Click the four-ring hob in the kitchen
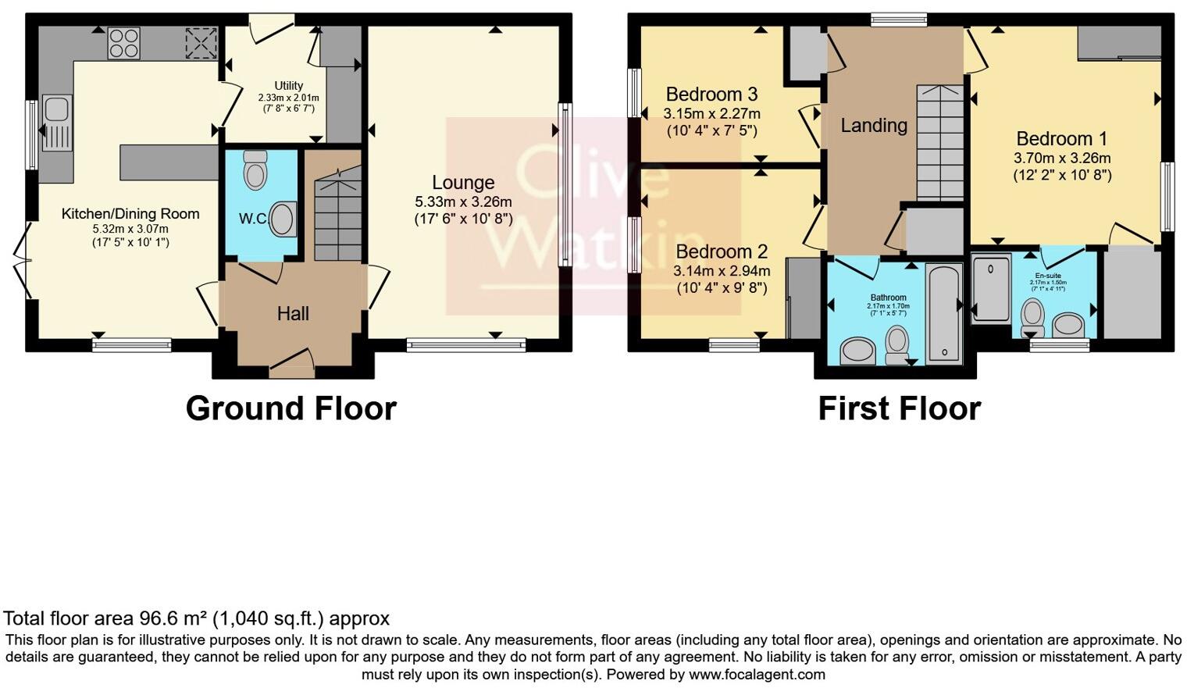click(123, 43)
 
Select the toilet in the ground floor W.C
click(255, 169)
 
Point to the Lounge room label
click(463, 183)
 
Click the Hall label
click(293, 314)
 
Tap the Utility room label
click(288, 86)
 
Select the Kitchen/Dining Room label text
click(130, 214)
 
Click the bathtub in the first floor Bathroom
click(943, 313)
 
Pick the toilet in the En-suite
click(1033, 317)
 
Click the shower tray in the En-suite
click(992, 287)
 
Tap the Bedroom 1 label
click(1061, 139)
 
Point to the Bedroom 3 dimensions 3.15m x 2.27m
click(711, 114)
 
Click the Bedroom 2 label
click(722, 251)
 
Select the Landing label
click(874, 125)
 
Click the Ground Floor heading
click(291, 408)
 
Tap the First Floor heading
click(899, 408)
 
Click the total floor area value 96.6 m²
click(173, 619)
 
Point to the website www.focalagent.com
click(756, 674)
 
